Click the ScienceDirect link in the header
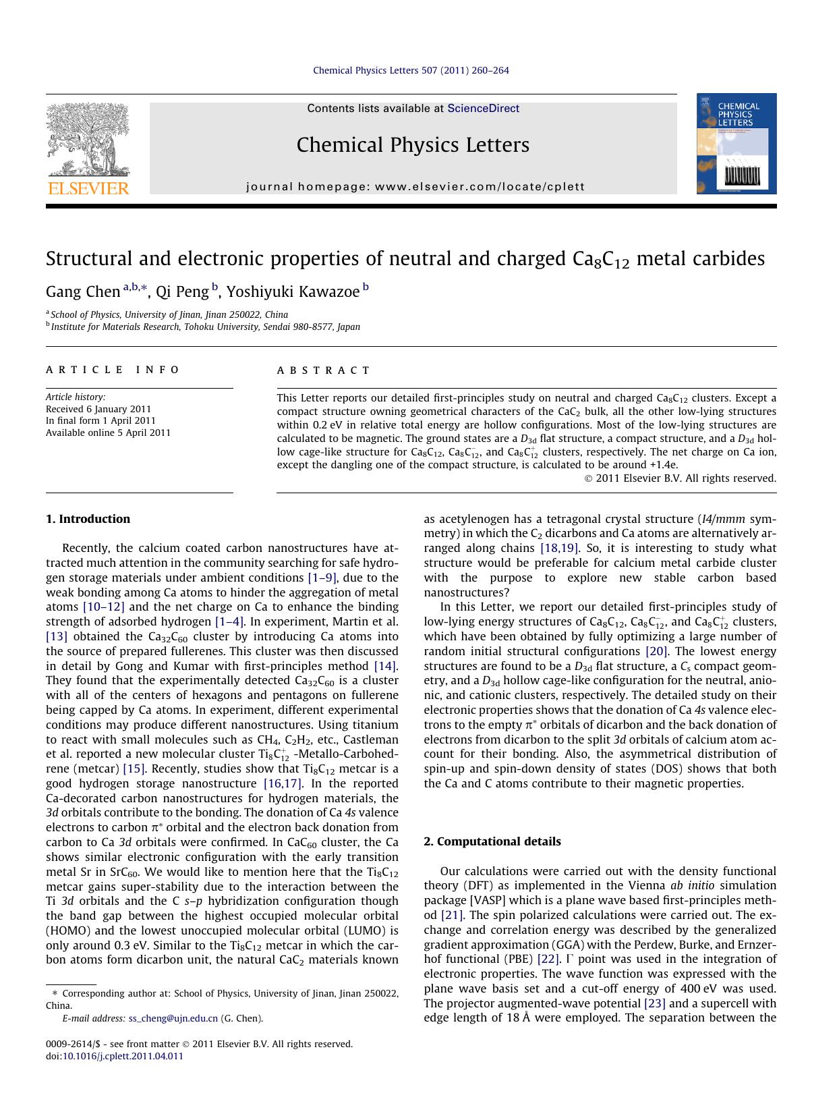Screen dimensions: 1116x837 click(483, 109)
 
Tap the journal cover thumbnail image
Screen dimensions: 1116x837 click(737, 144)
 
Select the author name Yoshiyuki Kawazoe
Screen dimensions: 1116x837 click(293, 291)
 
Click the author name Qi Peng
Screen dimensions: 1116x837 click(182, 291)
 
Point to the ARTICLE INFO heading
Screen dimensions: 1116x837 click(113, 370)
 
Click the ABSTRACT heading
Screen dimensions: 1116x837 click(324, 370)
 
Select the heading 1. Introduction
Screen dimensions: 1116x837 click(88, 519)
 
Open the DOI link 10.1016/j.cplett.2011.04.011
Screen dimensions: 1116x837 click(123, 1056)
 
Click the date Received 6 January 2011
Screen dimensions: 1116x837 click(98, 409)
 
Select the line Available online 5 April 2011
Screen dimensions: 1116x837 click(108, 433)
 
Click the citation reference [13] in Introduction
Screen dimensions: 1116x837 click(56, 636)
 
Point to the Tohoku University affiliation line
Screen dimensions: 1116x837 click(205, 327)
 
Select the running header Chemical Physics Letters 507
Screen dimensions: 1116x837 click(411, 70)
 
